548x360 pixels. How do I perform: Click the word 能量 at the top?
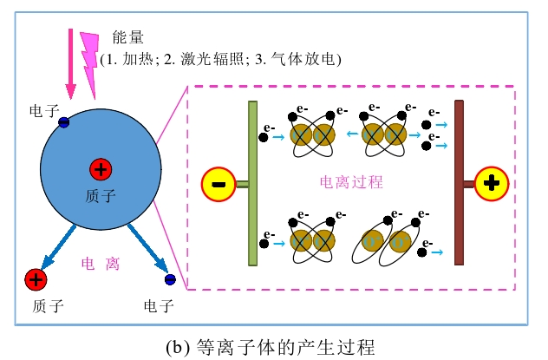coord(127,38)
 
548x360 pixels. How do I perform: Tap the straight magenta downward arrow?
coord(70,65)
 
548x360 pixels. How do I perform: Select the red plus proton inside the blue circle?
coord(101,169)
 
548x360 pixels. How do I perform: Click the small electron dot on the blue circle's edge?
coord(64,122)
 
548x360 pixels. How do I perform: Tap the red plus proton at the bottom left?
coord(35,278)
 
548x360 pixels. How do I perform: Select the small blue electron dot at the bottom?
coord(170,278)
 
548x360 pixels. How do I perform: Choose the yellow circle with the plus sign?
coord(492,183)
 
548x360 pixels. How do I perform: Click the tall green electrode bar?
coord(252,183)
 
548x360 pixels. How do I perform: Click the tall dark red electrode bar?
coord(459,183)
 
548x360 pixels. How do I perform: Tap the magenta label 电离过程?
coord(351,183)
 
